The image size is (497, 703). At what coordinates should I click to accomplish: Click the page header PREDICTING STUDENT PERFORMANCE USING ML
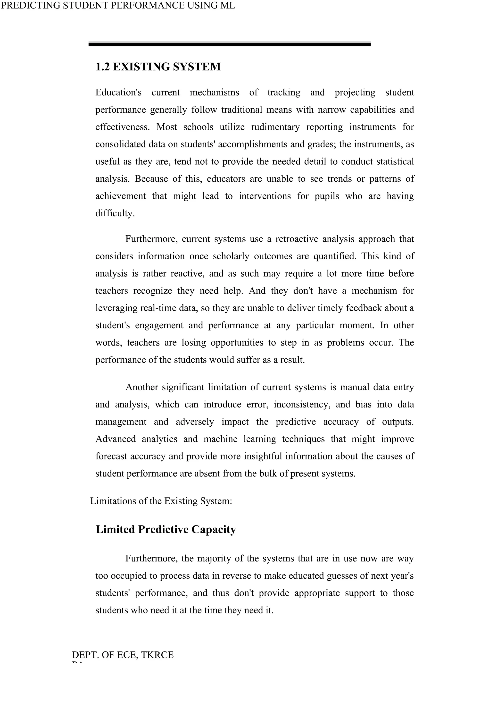point(118,6)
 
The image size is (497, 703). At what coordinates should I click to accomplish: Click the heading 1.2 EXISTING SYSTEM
point(158,67)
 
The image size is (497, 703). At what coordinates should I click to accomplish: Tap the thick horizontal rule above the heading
point(230,44)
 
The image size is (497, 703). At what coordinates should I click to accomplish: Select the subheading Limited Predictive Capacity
point(166,529)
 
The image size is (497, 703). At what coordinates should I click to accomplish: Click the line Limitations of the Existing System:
point(161,501)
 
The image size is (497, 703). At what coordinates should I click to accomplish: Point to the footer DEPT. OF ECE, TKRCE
point(122,655)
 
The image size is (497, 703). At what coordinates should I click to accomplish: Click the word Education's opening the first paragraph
point(118,93)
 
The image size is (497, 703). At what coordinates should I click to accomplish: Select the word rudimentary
point(275,127)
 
